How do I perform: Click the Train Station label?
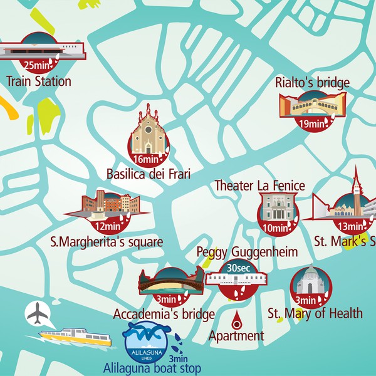pos(39,81)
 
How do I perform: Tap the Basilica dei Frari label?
pos(149,174)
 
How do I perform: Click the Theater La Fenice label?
pos(259,185)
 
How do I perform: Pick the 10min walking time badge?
pos(274,228)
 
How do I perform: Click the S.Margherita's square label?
pos(107,242)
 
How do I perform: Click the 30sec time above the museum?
pos(239,267)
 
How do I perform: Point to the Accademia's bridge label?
pos(165,314)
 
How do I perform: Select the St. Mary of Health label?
pos(315,313)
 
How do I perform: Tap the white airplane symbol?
pos(39,313)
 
